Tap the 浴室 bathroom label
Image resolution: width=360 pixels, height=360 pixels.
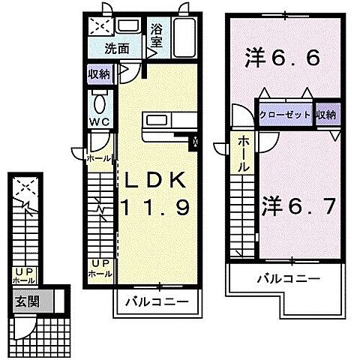pyautogui.click(x=157, y=35)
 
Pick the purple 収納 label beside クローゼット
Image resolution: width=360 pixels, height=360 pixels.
pyautogui.click(x=325, y=114)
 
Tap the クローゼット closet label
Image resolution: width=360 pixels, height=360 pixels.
pyautogui.click(x=285, y=114)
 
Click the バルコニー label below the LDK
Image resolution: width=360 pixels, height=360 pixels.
pyautogui.click(x=157, y=303)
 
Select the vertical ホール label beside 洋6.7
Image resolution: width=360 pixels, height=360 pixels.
pyautogui.click(x=244, y=155)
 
